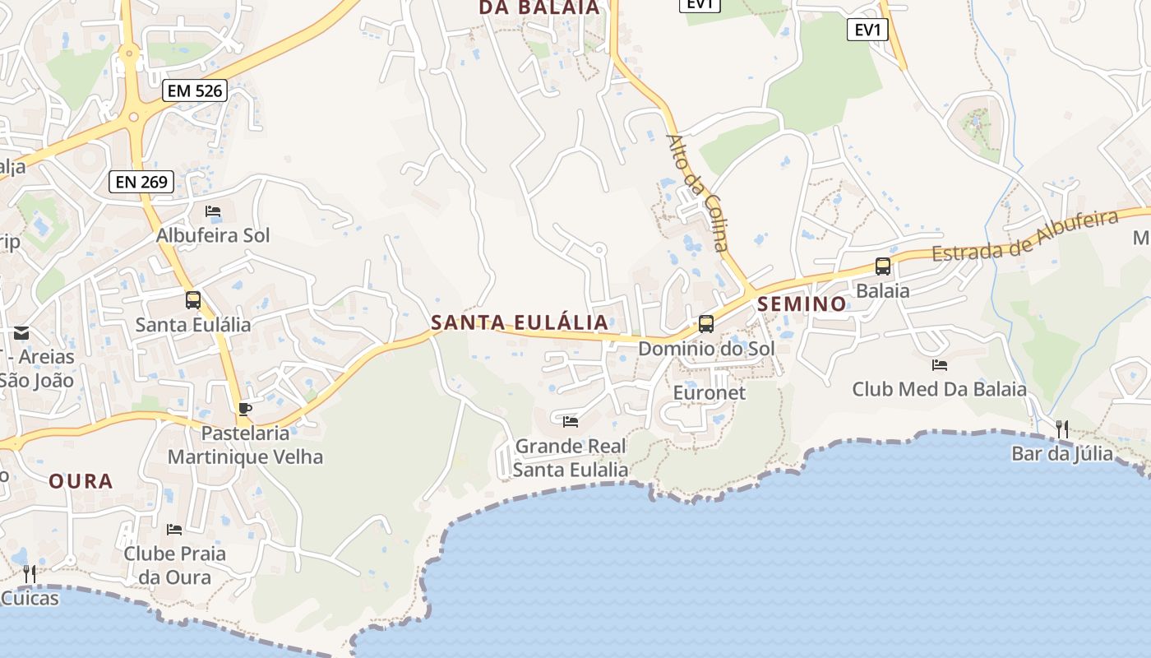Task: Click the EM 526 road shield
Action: click(195, 90)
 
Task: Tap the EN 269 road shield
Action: click(141, 182)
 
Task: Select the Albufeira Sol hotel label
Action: click(213, 235)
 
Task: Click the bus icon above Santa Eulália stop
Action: click(193, 300)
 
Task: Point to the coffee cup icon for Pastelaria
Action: click(244, 409)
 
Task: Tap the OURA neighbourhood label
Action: click(81, 481)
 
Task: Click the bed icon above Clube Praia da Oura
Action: click(174, 529)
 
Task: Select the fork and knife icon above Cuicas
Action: click(30, 573)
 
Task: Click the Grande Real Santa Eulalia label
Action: click(571, 458)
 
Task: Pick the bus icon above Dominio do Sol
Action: click(706, 324)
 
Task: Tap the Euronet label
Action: click(710, 392)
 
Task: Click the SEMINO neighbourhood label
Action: click(802, 304)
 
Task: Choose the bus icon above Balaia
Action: click(883, 266)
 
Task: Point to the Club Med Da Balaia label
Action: click(939, 389)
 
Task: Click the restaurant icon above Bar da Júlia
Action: click(1062, 429)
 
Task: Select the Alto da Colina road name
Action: click(697, 192)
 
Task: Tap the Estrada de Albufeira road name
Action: click(1025, 236)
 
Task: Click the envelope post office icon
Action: click(21, 333)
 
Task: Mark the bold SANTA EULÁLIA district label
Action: click(520, 322)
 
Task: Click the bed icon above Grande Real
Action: click(571, 422)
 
